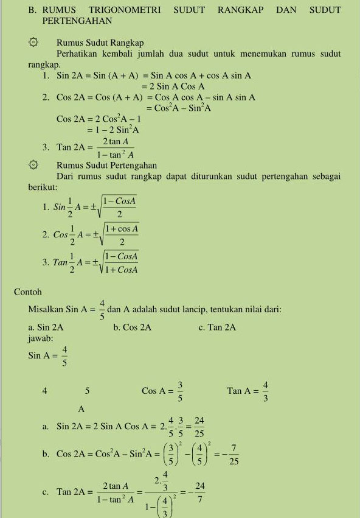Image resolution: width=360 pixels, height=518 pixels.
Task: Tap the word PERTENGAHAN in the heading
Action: tap(77, 21)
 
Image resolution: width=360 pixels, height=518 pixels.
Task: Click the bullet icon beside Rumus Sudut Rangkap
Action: tap(33, 43)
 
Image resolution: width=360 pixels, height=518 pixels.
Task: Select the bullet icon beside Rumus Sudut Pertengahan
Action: tap(33, 165)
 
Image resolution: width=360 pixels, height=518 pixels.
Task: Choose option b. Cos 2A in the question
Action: tap(132, 327)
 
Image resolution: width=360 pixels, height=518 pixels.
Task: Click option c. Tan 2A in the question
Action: tap(217, 327)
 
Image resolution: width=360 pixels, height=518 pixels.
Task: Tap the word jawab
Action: tap(41, 337)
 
